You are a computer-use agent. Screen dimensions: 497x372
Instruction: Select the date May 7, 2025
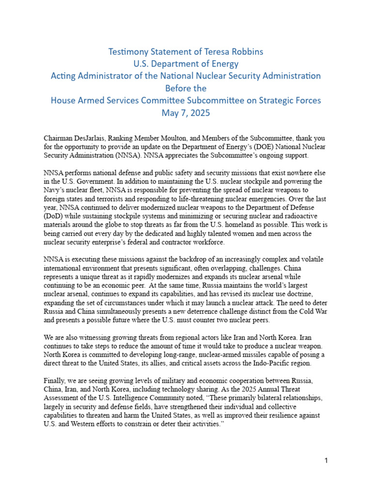(186, 113)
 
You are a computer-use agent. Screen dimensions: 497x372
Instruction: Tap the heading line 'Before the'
(186, 88)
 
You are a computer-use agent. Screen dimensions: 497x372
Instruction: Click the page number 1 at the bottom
(326, 461)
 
